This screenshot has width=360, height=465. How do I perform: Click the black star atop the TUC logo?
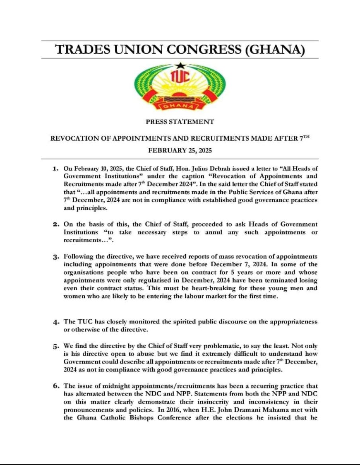[x=179, y=65]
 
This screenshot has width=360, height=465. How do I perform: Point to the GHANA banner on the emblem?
[x=180, y=106]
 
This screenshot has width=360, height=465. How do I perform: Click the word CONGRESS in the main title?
[x=200, y=50]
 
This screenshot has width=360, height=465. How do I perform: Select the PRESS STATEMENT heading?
[x=180, y=122]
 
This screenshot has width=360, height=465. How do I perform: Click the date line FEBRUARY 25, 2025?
[x=180, y=151]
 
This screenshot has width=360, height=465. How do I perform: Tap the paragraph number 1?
[x=55, y=169]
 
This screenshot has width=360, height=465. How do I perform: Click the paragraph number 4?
[x=55, y=322]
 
